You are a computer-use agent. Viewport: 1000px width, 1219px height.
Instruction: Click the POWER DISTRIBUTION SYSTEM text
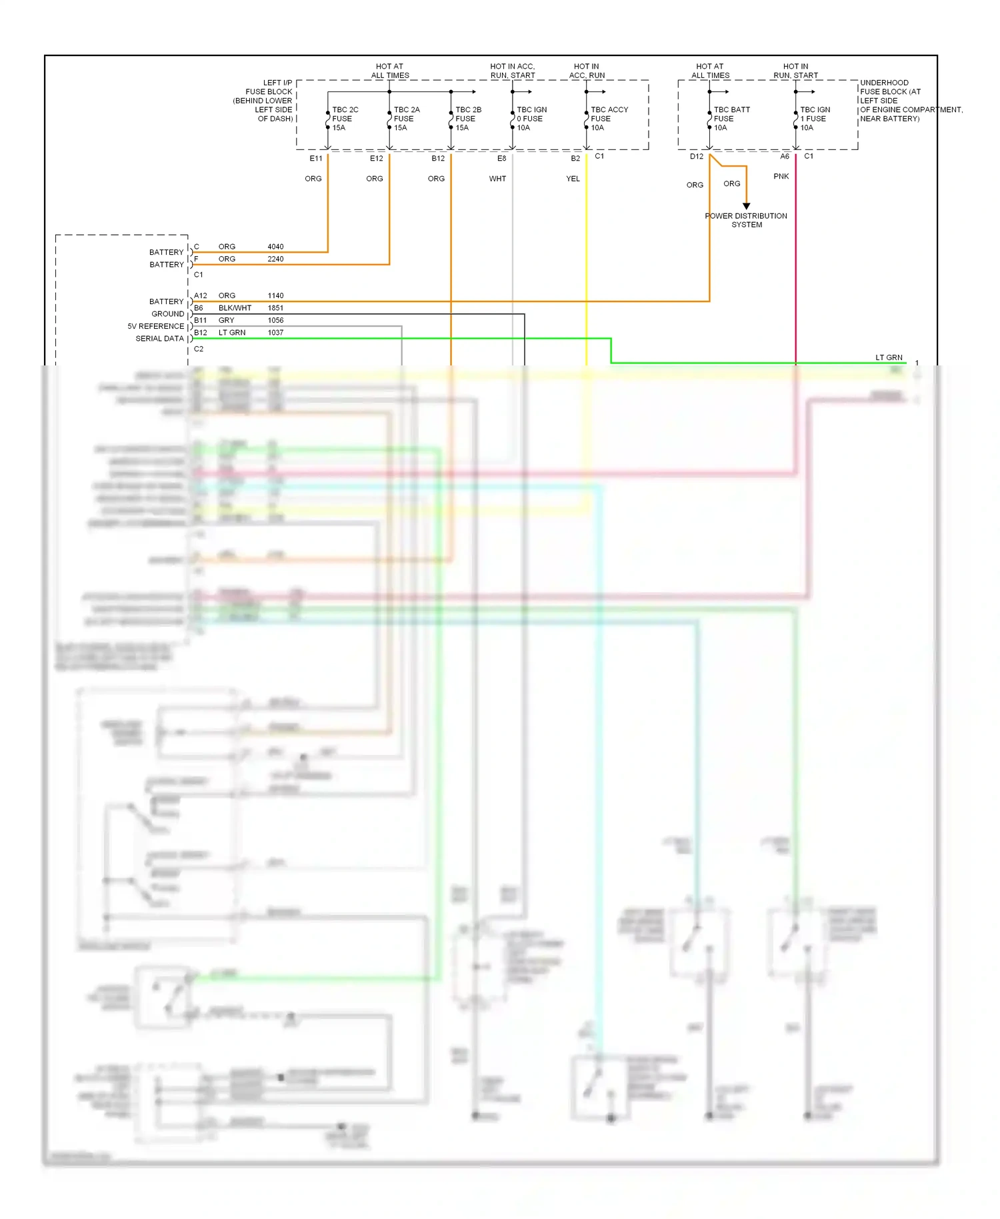(x=746, y=220)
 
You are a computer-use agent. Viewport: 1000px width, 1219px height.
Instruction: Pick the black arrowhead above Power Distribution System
(x=747, y=206)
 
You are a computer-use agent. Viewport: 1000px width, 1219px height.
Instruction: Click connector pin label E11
(x=316, y=159)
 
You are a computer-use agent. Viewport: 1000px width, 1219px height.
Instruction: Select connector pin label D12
(x=697, y=157)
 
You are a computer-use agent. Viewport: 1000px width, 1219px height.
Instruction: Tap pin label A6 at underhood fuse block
(x=785, y=157)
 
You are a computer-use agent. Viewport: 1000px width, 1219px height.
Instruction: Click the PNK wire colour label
(x=781, y=177)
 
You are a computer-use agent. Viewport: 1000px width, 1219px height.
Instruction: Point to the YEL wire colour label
(x=573, y=179)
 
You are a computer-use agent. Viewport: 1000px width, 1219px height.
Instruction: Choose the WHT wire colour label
(x=497, y=179)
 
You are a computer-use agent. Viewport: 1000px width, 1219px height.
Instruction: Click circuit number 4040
(x=275, y=247)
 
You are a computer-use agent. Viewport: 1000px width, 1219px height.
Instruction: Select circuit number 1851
(x=275, y=308)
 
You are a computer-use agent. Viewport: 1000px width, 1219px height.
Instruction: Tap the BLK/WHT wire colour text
(x=235, y=308)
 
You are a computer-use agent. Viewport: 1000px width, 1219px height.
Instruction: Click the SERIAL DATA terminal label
(x=159, y=339)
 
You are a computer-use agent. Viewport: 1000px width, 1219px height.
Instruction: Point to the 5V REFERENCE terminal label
(x=155, y=327)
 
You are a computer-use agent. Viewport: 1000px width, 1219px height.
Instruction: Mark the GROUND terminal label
(x=167, y=314)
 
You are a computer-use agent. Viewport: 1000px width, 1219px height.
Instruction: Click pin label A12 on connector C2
(x=200, y=295)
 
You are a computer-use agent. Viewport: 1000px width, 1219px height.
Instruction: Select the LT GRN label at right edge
(x=889, y=357)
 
